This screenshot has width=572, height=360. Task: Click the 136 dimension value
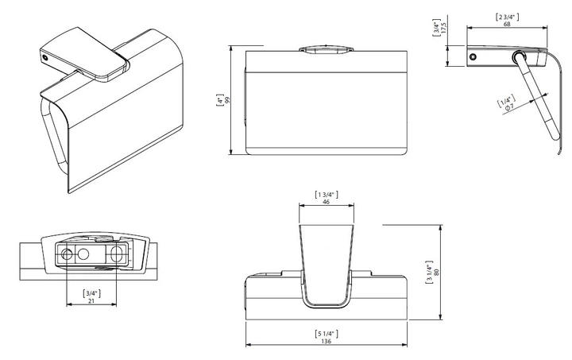[327, 341]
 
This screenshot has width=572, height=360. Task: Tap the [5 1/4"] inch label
[327, 333]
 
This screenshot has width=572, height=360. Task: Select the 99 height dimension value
[228, 100]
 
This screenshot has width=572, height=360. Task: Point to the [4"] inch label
[220, 100]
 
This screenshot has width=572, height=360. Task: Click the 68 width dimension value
[507, 24]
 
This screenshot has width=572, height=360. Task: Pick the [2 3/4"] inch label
[507, 17]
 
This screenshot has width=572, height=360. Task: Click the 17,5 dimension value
[443, 28]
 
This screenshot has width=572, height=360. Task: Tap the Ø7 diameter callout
[509, 106]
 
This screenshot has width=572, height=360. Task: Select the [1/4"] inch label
[506, 100]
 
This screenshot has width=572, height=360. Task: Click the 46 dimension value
[327, 202]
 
